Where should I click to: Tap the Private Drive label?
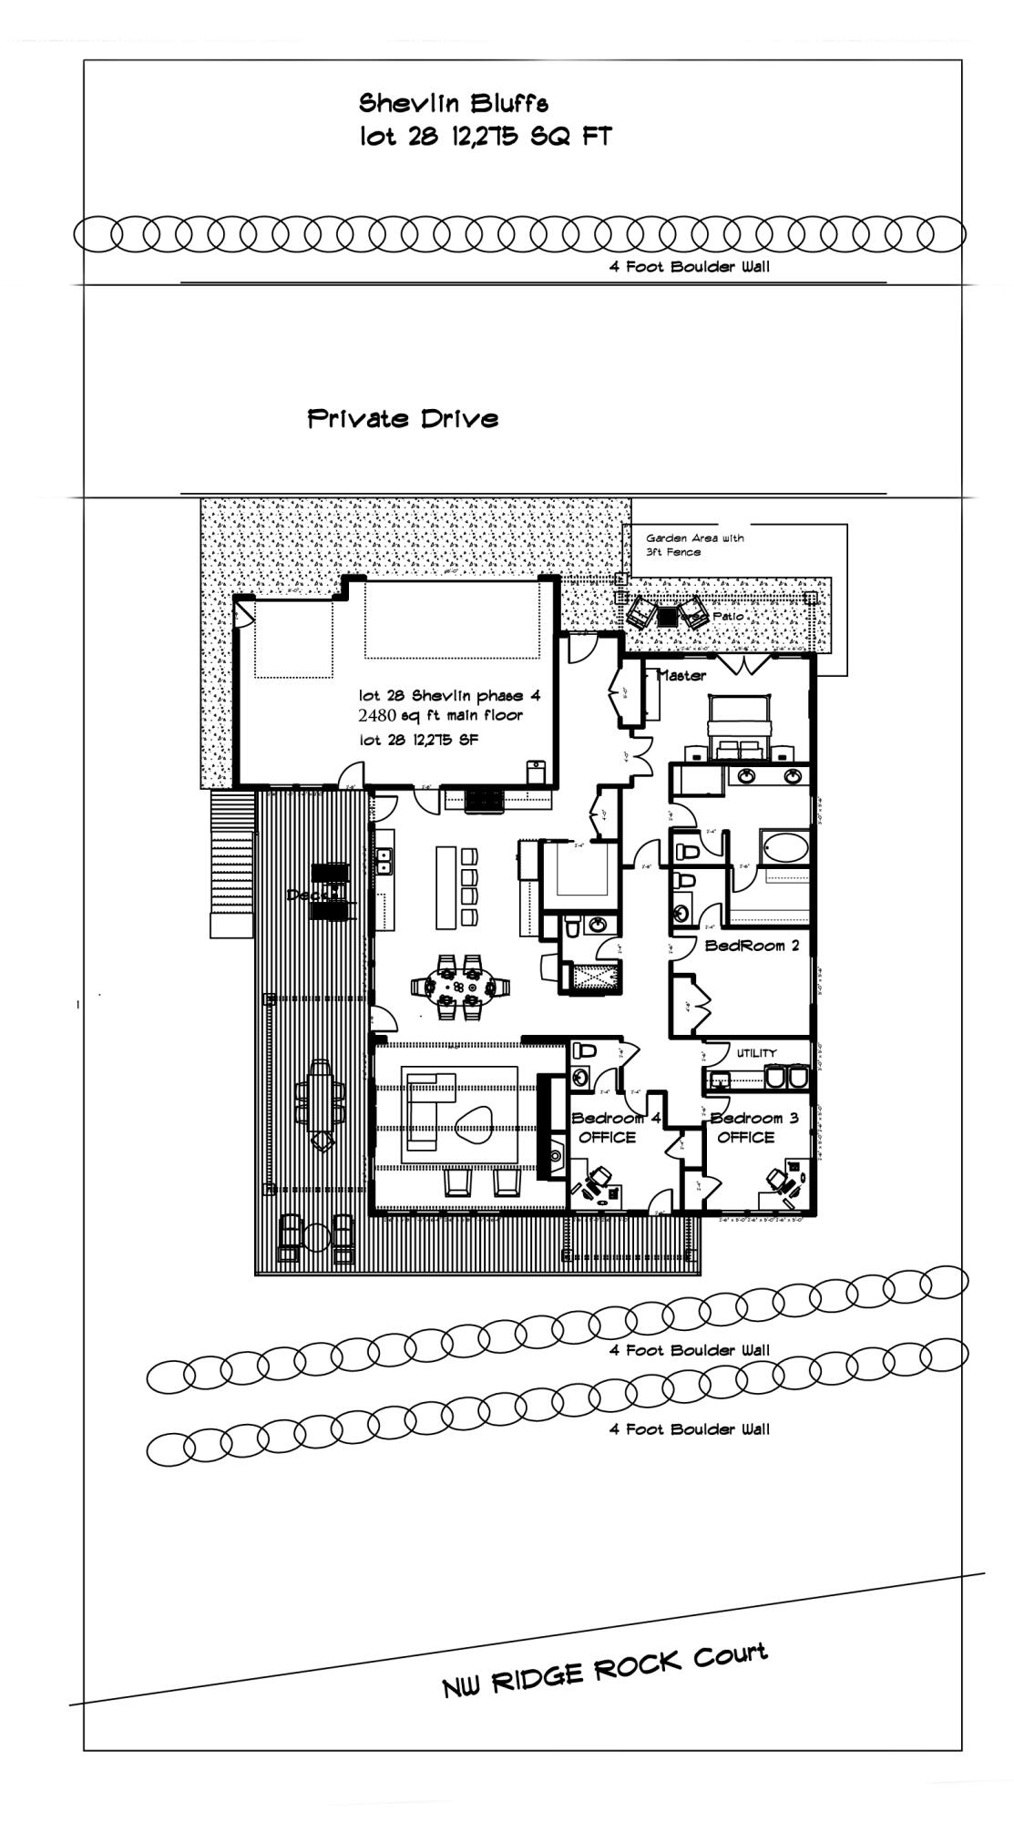[403, 419]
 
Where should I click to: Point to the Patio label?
[728, 617]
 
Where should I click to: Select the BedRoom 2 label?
[752, 946]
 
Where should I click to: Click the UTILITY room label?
[756, 1053]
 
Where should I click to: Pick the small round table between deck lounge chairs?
[315, 1236]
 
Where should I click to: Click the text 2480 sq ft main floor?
[441, 716]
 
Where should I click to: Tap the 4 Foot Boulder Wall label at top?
[689, 267]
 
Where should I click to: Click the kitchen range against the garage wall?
[483, 801]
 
